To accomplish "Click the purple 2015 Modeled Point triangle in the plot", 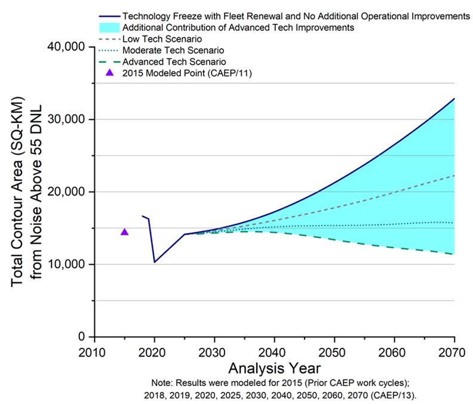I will (x=125, y=232).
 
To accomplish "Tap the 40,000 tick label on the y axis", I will (x=65, y=47).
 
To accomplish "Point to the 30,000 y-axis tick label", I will (x=65, y=119).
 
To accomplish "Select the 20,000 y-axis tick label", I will (x=65, y=192).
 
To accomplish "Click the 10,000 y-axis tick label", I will (x=65, y=264).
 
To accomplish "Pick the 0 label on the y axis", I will (x=81, y=337).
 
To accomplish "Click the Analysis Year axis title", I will (x=274, y=366).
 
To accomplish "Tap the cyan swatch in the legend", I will (x=109, y=27).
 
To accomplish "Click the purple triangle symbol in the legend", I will (x=109, y=73).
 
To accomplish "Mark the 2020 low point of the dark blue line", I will (x=155, y=262).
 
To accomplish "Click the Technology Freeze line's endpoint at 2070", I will (x=454, y=98).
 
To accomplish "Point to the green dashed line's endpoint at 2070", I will (x=454, y=254).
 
